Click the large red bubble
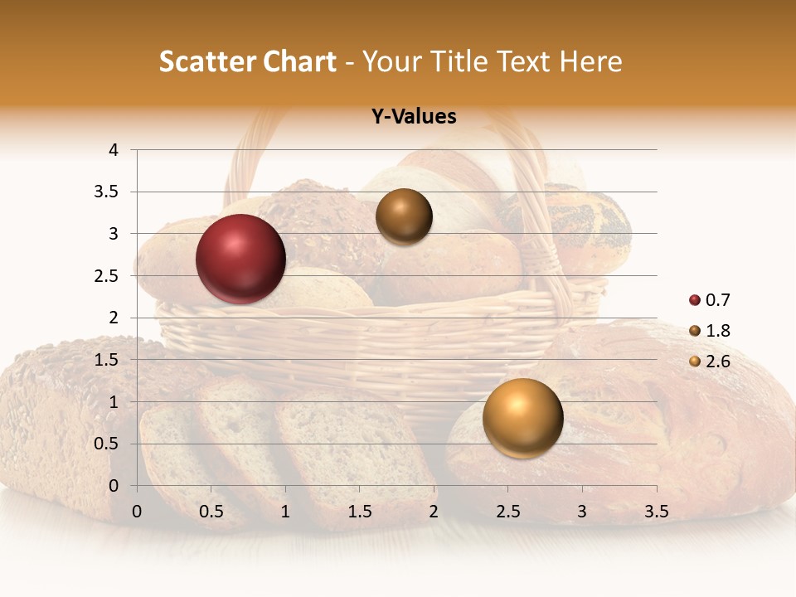pos(241,259)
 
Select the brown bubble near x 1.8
pos(404,216)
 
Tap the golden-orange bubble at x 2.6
pos(522,418)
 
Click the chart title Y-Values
pos(414,117)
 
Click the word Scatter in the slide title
pos(206,61)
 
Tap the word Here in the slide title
pos(590,61)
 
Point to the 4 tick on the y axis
pos(114,150)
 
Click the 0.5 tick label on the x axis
pos(211,512)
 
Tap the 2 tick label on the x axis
pos(434,512)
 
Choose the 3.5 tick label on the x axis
pos(656,512)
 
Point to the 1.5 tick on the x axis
pos(360,512)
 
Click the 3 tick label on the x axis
pos(582,512)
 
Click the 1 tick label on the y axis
pos(114,402)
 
